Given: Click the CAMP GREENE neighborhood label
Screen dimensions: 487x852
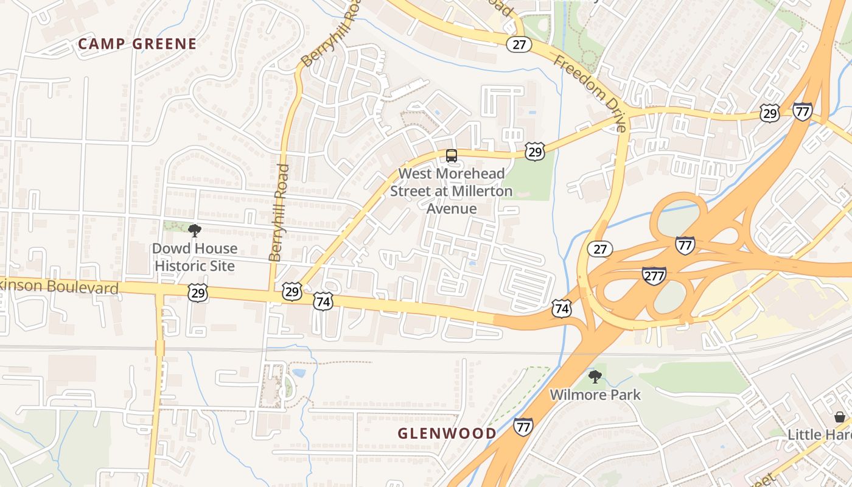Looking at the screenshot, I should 138,44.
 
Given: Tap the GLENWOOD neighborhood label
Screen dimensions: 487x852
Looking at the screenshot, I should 447,433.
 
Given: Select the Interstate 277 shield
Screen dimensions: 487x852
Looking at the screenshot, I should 654,276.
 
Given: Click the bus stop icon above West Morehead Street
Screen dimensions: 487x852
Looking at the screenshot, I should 451,155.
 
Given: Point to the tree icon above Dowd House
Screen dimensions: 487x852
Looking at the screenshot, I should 195,231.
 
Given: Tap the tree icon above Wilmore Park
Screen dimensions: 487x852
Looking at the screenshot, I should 595,377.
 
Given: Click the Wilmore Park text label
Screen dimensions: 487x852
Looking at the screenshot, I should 595,395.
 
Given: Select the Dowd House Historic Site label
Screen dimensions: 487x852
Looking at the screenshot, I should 195,257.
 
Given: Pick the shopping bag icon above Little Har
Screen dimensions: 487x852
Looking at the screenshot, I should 840,417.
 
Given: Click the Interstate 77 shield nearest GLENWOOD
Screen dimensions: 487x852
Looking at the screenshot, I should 523,426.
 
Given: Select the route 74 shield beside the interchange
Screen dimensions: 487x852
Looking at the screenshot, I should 561,308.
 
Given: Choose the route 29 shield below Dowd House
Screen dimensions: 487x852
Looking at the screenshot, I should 198,293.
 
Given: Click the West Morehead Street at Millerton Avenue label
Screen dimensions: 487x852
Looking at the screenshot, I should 451,191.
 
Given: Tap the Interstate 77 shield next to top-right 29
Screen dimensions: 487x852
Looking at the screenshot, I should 803,111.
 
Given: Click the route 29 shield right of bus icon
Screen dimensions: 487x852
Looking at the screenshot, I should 534,152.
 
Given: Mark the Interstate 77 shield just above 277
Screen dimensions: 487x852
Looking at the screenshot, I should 685,245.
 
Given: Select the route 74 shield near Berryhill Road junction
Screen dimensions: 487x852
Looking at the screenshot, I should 323,301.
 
